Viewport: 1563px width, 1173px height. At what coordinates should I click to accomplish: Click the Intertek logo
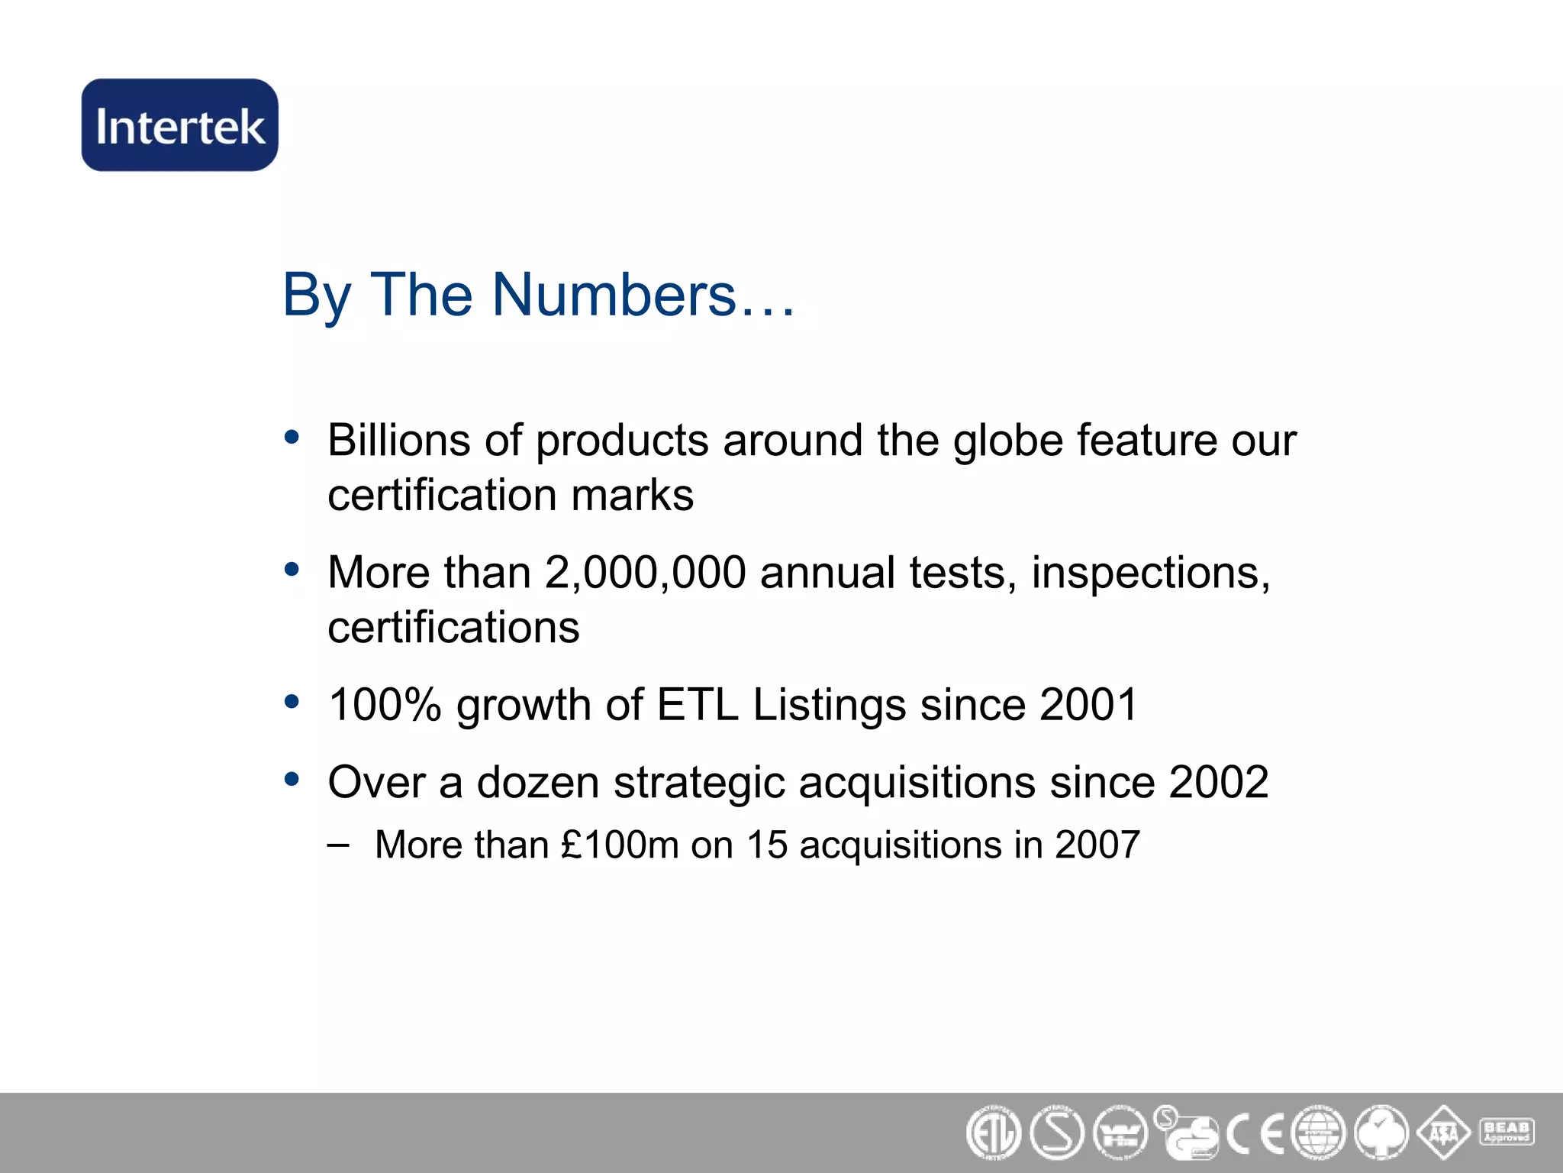click(x=180, y=125)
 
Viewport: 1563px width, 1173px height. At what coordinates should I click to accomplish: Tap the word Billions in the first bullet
click(x=399, y=441)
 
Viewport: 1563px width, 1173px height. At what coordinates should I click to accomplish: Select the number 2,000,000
click(x=646, y=573)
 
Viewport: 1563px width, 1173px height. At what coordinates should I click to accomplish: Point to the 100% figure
click(x=385, y=704)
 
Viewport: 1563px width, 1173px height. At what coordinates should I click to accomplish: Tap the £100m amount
click(x=620, y=845)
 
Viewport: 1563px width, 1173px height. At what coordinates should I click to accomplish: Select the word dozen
click(x=538, y=783)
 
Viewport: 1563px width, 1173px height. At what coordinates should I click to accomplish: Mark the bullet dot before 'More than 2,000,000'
click(x=292, y=570)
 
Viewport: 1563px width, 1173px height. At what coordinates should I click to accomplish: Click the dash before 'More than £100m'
click(x=338, y=845)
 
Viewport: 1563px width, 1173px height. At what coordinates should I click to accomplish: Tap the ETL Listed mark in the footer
click(x=993, y=1133)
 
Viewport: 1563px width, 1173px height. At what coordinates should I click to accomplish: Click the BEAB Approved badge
click(x=1507, y=1131)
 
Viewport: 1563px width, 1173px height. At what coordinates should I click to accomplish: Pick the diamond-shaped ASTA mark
click(x=1444, y=1133)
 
